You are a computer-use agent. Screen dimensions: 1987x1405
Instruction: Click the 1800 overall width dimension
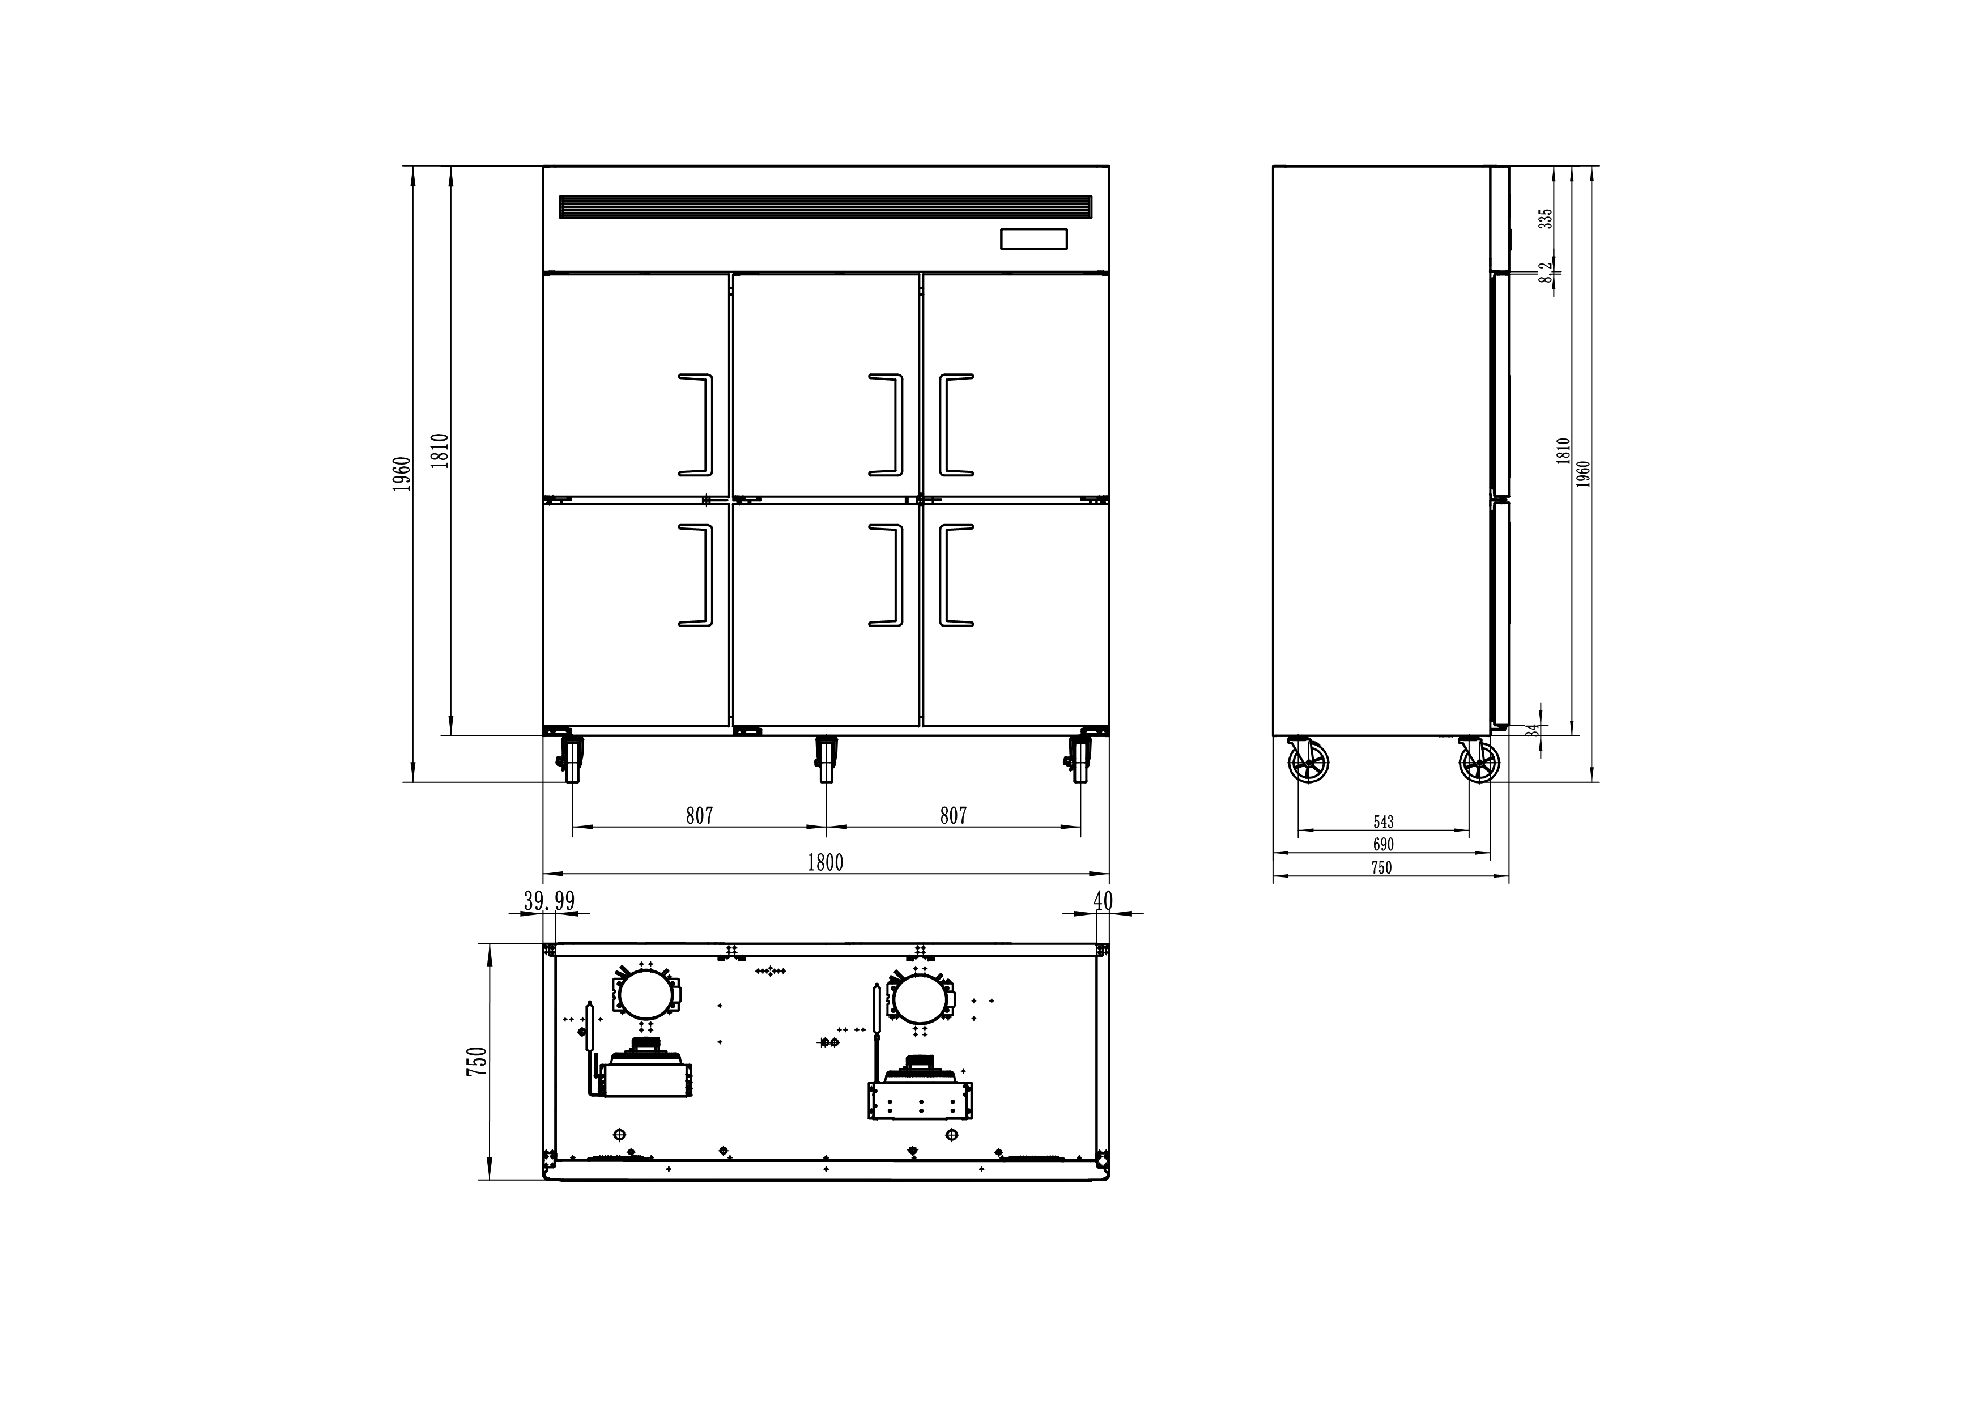[x=825, y=863]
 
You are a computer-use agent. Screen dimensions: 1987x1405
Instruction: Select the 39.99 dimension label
[x=548, y=901]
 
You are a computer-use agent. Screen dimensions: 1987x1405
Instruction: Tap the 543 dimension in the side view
[x=1384, y=822]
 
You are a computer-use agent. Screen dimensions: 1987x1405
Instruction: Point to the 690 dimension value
[x=1383, y=844]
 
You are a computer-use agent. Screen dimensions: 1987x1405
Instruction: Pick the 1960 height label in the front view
[x=402, y=474]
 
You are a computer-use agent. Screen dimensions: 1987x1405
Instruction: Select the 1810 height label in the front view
[x=440, y=451]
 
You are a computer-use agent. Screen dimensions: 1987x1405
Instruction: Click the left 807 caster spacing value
[x=699, y=816]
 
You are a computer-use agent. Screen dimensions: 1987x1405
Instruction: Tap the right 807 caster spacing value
[x=953, y=816]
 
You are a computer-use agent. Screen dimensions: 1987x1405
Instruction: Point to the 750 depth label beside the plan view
[x=478, y=1062]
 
